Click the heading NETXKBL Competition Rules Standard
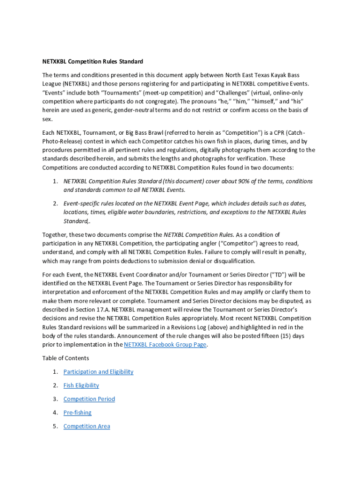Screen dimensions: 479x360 pyautogui.click(x=93, y=61)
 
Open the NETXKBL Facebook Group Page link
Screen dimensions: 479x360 pyautogui.click(x=165, y=345)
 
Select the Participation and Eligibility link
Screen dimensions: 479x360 pyautogui.click(x=98, y=372)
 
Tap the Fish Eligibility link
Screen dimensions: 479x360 pyautogui.click(x=81, y=385)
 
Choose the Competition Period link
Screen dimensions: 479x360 pyautogui.click(x=89, y=399)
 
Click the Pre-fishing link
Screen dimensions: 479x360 pyautogui.click(x=77, y=413)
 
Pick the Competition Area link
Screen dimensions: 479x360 pyautogui.click(x=86, y=426)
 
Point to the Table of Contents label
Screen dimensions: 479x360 pyautogui.click(x=65, y=358)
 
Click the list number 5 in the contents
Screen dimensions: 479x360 pyautogui.click(x=55, y=426)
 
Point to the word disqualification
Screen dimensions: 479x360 pyautogui.click(x=231, y=261)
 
